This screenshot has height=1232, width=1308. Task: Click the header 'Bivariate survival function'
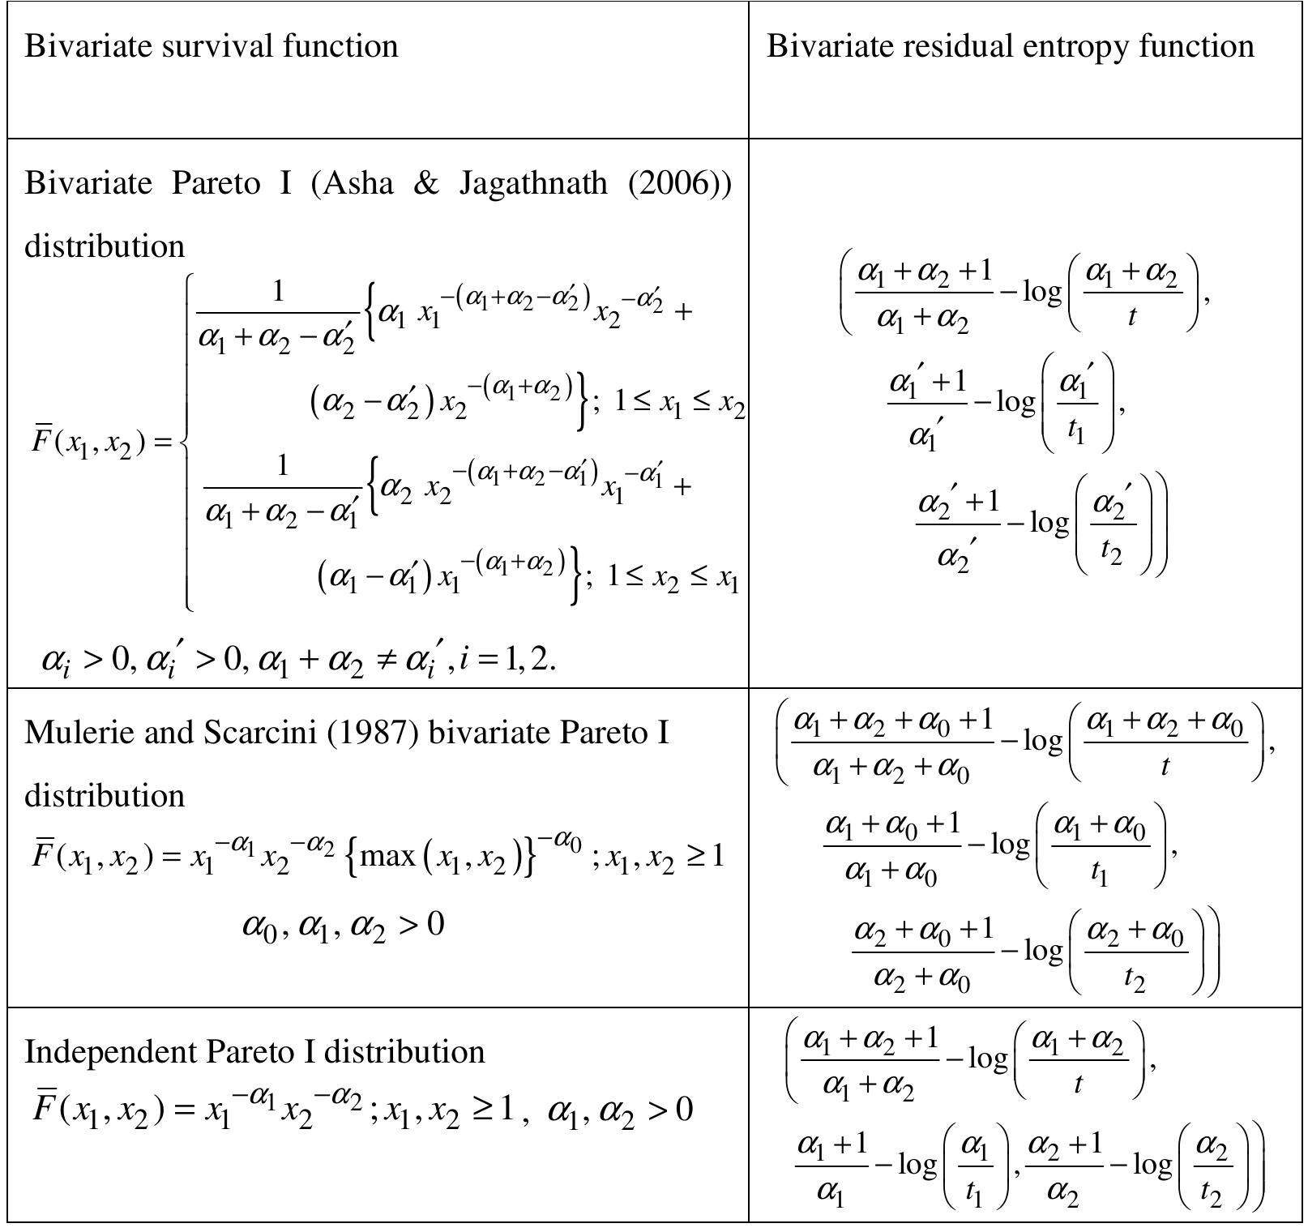tap(211, 46)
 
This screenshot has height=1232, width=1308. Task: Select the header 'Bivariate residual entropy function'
tap(1010, 46)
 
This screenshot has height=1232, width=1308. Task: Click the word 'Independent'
tap(110, 1052)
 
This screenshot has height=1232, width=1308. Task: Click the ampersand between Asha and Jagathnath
tap(425, 183)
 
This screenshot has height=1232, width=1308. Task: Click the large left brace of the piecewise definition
tap(188, 442)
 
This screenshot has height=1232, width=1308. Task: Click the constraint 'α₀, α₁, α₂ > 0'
tap(343, 924)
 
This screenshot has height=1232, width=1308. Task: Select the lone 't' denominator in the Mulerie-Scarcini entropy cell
tap(1165, 765)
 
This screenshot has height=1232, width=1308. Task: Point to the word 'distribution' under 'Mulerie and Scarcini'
tap(105, 796)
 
